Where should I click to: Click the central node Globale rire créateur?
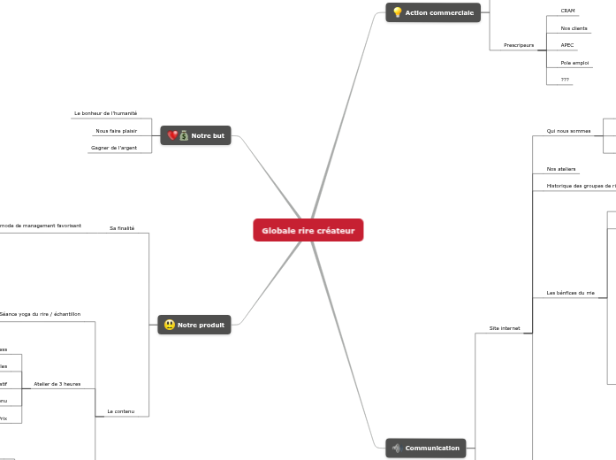click(308, 231)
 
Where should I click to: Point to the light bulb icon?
click(397, 12)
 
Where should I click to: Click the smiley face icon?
click(169, 325)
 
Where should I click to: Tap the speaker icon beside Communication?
click(396, 448)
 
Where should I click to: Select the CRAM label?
click(567, 11)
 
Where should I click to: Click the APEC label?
click(567, 44)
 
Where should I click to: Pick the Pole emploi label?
click(574, 63)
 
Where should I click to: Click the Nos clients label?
click(574, 28)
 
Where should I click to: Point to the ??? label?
click(565, 80)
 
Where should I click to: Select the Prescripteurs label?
click(519, 44)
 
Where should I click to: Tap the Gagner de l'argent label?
click(114, 148)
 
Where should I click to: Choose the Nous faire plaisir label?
click(116, 130)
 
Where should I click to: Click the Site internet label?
click(505, 328)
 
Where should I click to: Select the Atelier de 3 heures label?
click(57, 384)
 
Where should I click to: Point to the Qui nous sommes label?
click(568, 131)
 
